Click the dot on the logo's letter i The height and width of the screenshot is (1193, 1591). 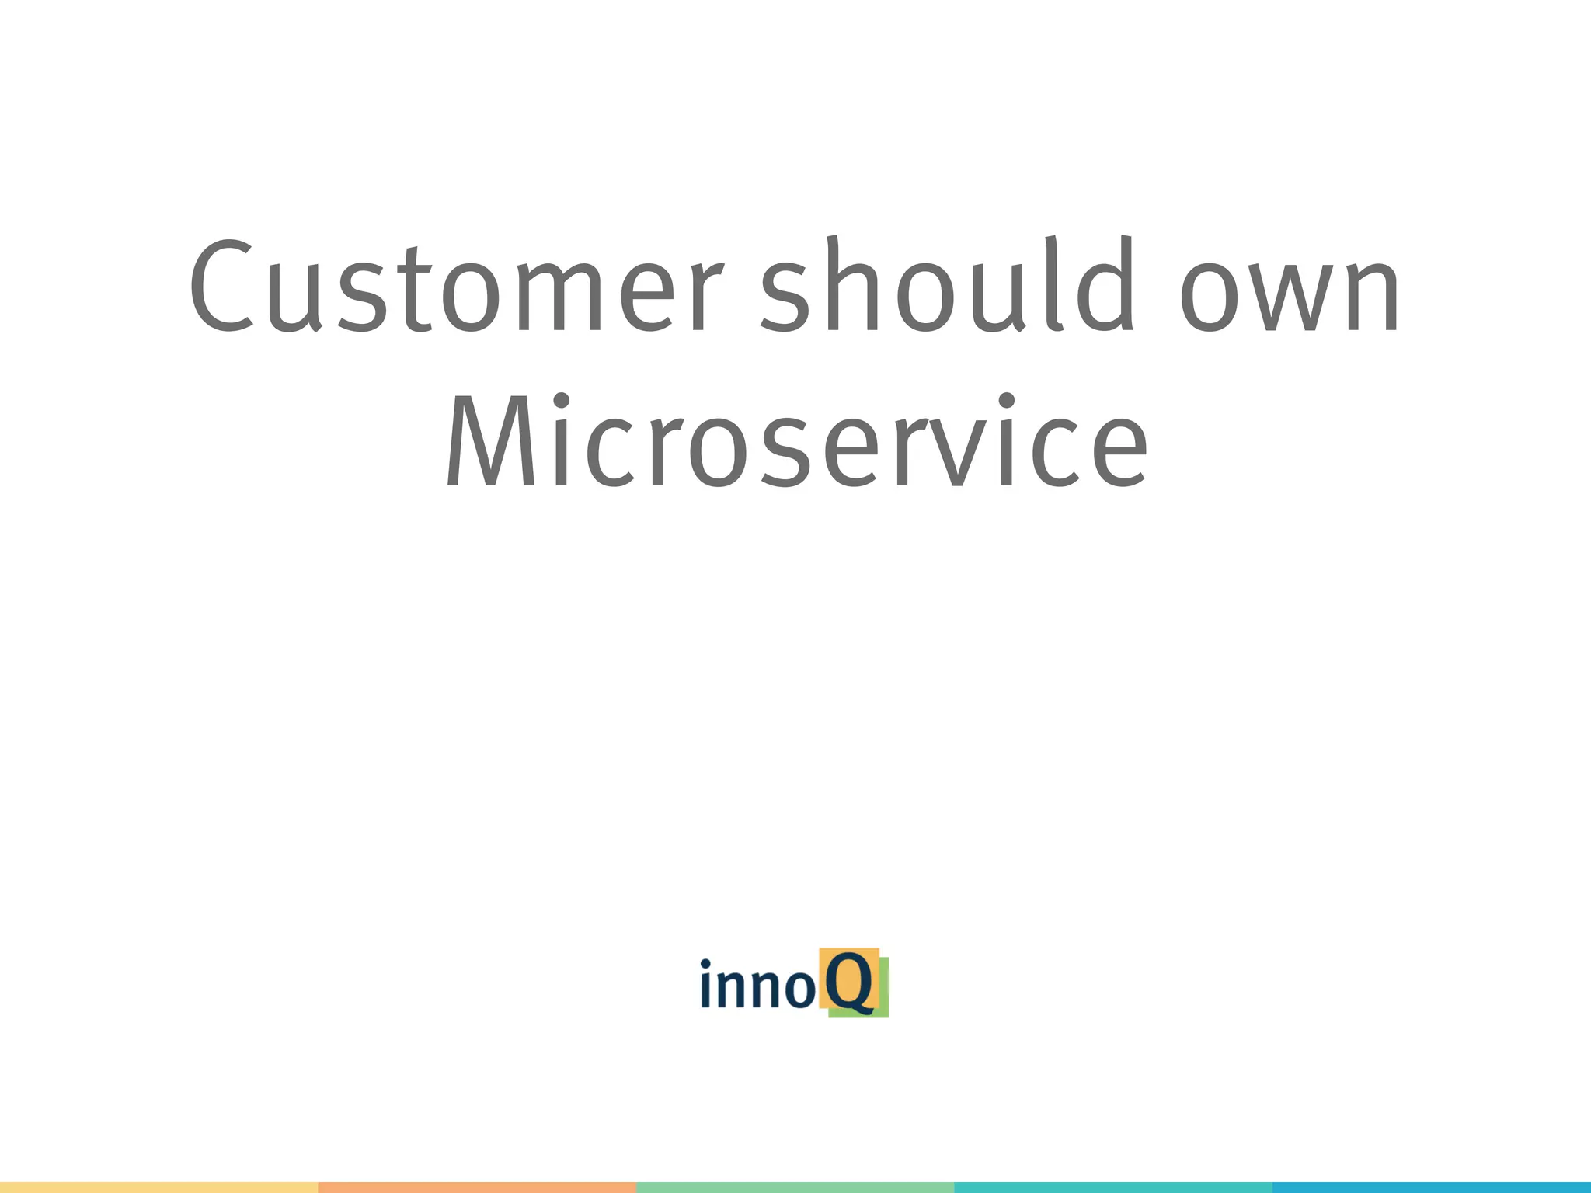705,965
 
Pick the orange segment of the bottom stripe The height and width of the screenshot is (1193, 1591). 477,1188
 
